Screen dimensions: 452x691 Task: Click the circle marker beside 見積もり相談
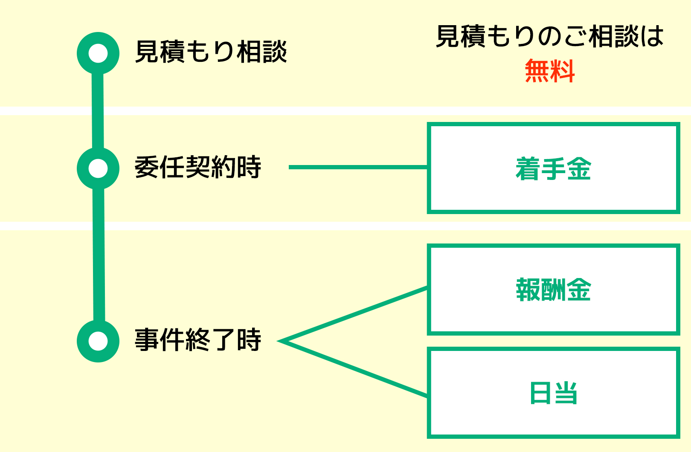point(98,53)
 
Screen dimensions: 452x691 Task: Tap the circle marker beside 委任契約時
point(98,168)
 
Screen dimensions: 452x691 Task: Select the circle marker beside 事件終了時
point(98,341)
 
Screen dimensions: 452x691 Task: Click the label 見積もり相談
point(211,52)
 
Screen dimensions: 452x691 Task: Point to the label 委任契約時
point(197,167)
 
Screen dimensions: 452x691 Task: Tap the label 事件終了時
point(197,340)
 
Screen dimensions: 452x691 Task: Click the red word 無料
point(550,71)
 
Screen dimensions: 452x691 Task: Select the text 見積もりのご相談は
point(550,36)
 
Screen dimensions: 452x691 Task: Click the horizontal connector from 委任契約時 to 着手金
point(358,167)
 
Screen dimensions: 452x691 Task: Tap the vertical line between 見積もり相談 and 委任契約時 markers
point(98,111)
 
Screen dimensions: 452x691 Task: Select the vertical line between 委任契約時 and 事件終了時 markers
point(99,256)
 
